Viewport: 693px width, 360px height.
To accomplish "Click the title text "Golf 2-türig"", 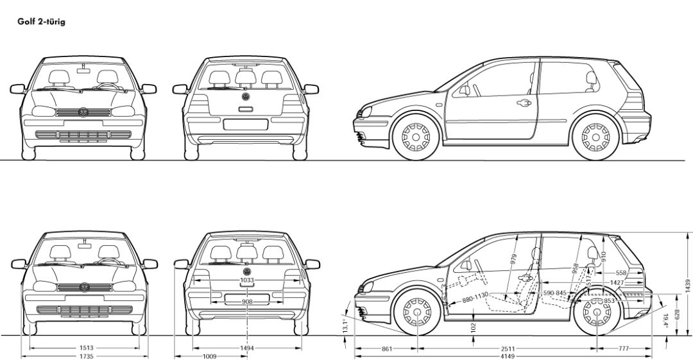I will tap(41, 22).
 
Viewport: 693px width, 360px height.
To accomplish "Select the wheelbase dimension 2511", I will tap(508, 348).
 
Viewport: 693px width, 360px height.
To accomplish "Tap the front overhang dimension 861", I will tap(386, 348).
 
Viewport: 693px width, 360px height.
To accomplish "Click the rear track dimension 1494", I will tap(246, 348).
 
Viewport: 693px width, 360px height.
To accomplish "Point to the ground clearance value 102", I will tap(472, 326).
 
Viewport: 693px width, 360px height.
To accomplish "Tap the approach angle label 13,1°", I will tap(345, 325).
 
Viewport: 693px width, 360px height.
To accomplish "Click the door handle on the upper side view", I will tap(524, 103).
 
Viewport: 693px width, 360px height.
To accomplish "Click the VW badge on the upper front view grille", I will tap(83, 112).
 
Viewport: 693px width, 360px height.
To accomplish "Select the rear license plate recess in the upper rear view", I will tap(245, 124).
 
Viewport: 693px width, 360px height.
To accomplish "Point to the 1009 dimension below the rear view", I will tap(209, 356).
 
